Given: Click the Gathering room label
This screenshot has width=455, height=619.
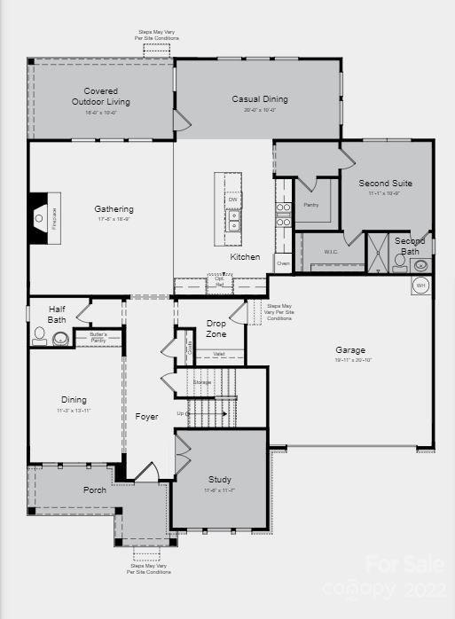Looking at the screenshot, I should coord(114,209).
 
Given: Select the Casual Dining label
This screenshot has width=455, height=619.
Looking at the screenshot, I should coord(260,99).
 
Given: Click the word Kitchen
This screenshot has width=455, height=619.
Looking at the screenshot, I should coord(246,257).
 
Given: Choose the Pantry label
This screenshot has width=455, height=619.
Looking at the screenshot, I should coord(310,205).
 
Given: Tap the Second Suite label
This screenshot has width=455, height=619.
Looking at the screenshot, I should coord(385,183).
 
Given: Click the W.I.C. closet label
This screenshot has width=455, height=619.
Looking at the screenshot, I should coord(331,251).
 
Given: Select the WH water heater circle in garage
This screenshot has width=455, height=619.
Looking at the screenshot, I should coord(420,286).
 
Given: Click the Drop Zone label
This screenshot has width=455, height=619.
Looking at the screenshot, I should coord(216,328).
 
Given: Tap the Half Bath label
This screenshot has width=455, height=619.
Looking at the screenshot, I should coord(56,314).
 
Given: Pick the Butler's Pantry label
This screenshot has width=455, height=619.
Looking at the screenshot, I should coord(98,337).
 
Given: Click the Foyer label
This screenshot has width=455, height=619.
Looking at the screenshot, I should coord(146,416).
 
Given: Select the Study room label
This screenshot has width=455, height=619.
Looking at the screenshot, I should coord(219,480).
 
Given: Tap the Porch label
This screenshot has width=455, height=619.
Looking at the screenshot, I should coord(95,490).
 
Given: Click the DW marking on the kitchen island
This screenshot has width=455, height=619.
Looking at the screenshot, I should coord(233,200).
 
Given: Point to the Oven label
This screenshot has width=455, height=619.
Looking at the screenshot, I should coord(283,263).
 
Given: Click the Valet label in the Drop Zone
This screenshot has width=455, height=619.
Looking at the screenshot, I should coord(219,354).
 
